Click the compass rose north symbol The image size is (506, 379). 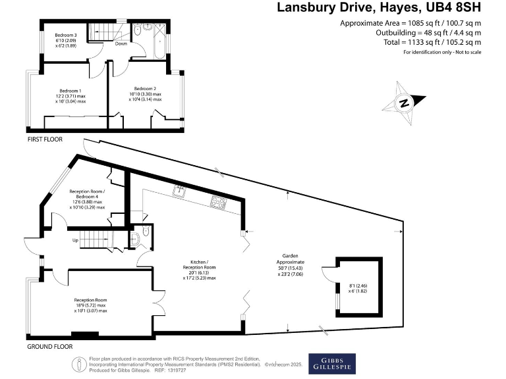[x=404, y=103]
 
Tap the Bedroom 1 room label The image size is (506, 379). [x=70, y=90]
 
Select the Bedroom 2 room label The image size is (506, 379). [x=145, y=89]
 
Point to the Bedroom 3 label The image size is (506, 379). [x=66, y=34]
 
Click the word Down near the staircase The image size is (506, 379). [x=121, y=44]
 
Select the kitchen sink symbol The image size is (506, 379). [x=179, y=191]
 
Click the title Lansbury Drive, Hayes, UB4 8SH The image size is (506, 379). [x=379, y=8]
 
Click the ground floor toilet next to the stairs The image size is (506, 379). [x=136, y=239]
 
